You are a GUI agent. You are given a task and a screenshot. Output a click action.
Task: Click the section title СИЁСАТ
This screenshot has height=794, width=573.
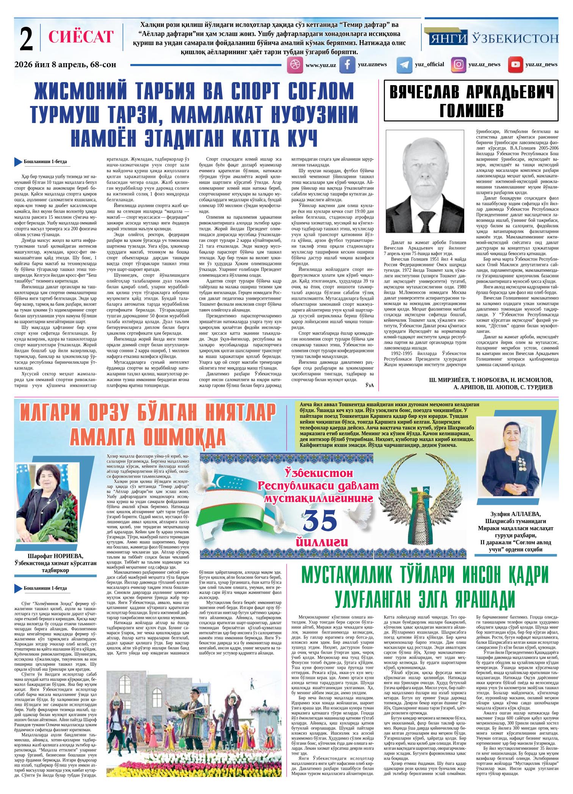[x=81, y=37]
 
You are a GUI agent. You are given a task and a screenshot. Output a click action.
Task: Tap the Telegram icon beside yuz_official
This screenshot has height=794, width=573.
[x=404, y=65]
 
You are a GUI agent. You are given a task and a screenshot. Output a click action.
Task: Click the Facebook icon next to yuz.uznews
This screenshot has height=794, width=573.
[x=347, y=65]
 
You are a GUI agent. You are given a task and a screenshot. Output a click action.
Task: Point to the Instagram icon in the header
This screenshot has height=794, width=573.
[x=459, y=65]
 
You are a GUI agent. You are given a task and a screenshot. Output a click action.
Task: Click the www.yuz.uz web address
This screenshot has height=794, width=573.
[x=321, y=65]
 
